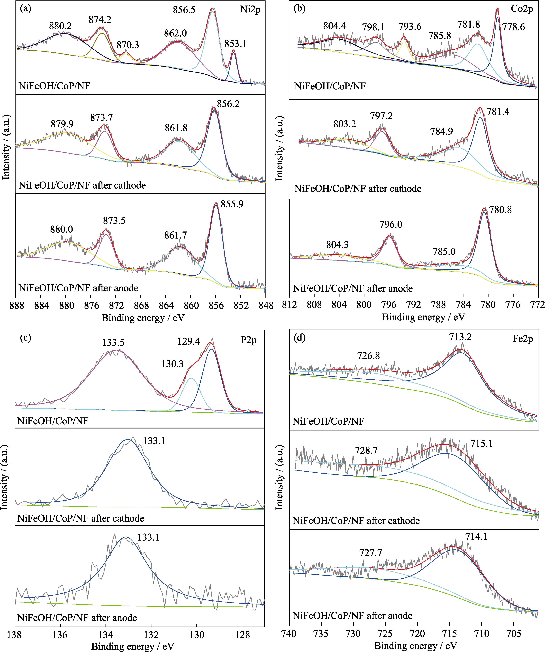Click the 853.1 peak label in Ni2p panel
pos(235,44)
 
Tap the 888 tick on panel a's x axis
pos(17,306)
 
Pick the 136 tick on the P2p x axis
pos(60,635)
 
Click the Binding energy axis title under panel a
pos(143,318)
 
